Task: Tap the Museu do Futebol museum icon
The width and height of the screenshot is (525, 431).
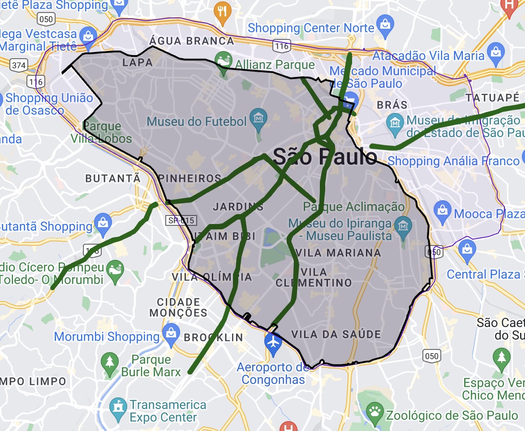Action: click(x=258, y=118)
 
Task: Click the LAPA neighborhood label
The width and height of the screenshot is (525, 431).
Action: click(x=138, y=62)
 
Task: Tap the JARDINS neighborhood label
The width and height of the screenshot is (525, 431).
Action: click(x=238, y=207)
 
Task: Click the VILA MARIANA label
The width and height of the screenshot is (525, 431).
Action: click(x=338, y=253)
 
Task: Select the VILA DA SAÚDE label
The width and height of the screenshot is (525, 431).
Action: click(x=336, y=334)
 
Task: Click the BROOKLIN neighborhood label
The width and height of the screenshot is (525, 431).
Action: click(x=214, y=337)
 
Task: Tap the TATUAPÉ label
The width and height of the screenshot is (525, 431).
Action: click(x=492, y=98)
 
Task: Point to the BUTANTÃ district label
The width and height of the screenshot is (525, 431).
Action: click(x=113, y=178)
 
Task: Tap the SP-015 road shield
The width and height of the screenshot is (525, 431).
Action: click(x=182, y=220)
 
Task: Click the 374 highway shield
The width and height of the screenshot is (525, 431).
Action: click(x=19, y=65)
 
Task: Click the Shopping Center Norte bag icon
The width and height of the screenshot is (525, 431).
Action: click(x=385, y=22)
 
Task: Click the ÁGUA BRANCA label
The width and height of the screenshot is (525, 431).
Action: click(x=192, y=41)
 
